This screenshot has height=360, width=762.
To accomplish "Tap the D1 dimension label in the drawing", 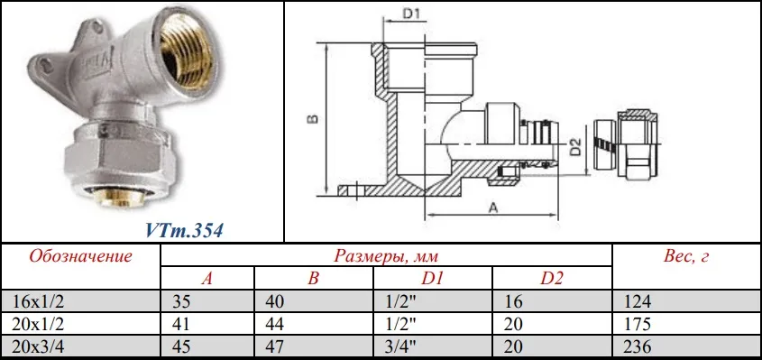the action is click(x=411, y=14).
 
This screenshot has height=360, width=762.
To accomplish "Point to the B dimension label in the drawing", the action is click(x=314, y=118).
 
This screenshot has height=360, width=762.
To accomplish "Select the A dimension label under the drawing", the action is click(x=493, y=208).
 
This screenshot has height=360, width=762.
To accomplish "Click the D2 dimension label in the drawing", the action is click(x=575, y=147).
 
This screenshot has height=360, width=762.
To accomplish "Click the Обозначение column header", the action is click(x=80, y=256).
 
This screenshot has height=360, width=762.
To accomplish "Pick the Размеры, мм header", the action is click(x=386, y=256).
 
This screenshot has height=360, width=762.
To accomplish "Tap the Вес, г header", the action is click(x=685, y=256).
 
